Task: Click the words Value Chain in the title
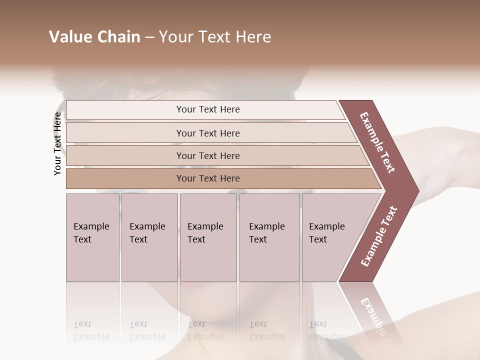pyautogui.click(x=94, y=37)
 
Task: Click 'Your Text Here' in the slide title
pyautogui.click(x=214, y=37)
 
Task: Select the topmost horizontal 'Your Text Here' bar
pyautogui.click(x=207, y=109)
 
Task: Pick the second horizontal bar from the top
pyautogui.click(x=207, y=133)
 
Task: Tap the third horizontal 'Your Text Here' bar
pyautogui.click(x=207, y=155)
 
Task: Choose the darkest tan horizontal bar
pyautogui.click(x=207, y=178)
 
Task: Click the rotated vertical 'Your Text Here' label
pyautogui.click(x=58, y=143)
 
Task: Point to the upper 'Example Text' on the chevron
pyautogui.click(x=377, y=142)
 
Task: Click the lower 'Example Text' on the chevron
pyautogui.click(x=379, y=236)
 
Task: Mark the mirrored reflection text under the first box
pyautogui.click(x=91, y=330)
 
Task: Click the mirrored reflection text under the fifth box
pyautogui.click(x=326, y=330)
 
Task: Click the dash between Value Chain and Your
pyautogui.click(x=149, y=37)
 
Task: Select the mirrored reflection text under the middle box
pyautogui.click(x=205, y=330)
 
